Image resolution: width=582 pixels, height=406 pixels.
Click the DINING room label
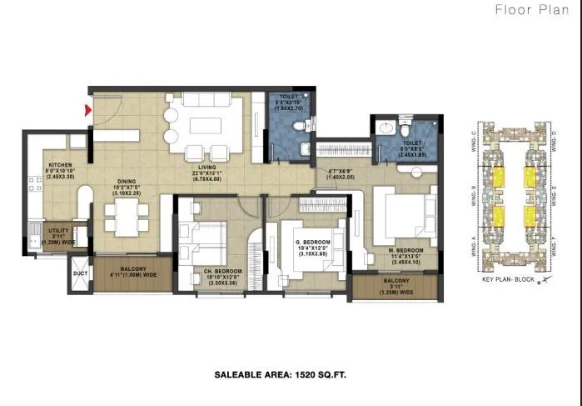[x=127, y=181]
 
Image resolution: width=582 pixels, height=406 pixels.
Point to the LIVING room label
[x=207, y=165]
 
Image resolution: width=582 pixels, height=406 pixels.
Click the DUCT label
[x=80, y=273]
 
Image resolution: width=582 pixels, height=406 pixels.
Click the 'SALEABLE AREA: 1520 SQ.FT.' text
[x=274, y=376]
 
